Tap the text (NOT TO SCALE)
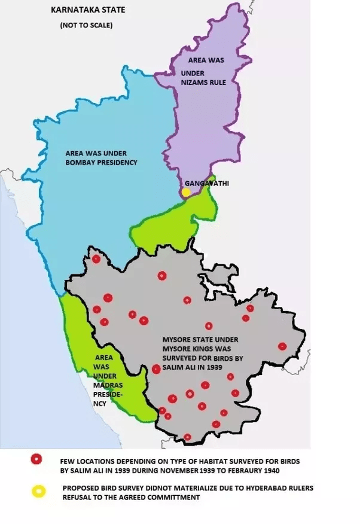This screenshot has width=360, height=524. pyautogui.click(x=86, y=26)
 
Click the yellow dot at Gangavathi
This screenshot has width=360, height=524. pyautogui.click(x=186, y=192)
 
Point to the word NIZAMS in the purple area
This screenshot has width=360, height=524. pyautogui.click(x=193, y=82)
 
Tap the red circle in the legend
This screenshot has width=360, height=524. pyautogui.click(x=36, y=459)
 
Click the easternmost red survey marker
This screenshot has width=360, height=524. pyautogui.click(x=282, y=346)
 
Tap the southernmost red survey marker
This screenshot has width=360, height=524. pyautogui.click(x=188, y=437)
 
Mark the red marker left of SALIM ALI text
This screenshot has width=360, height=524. pyautogui.click(x=156, y=369)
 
